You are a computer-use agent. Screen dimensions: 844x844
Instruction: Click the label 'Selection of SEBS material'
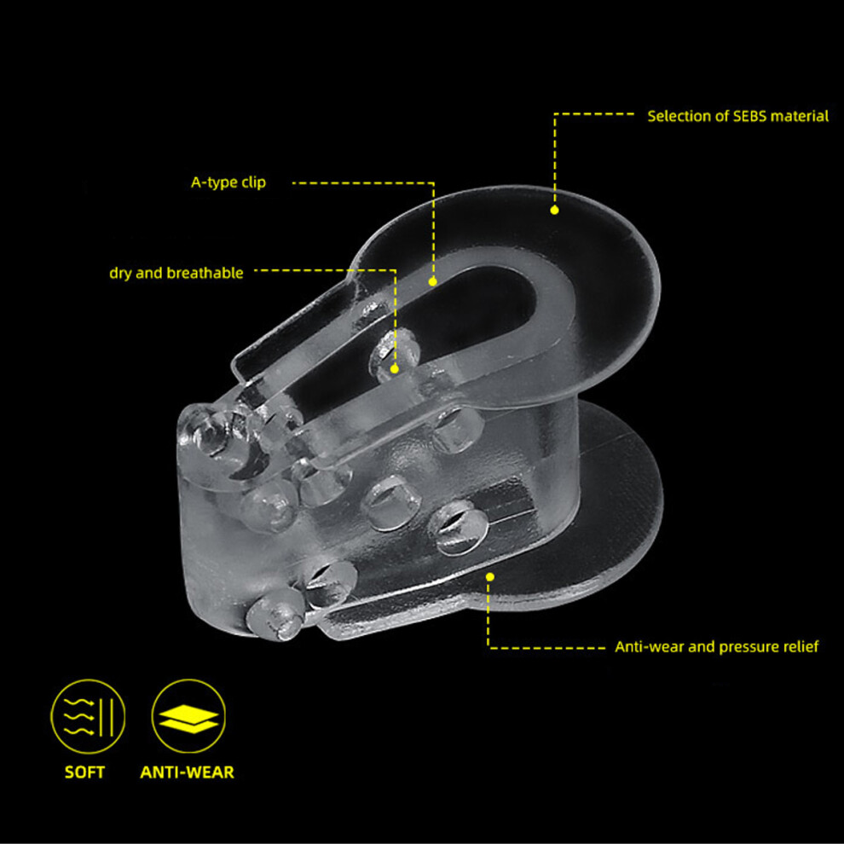coord(737,116)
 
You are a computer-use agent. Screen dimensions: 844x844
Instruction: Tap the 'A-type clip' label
coord(228,182)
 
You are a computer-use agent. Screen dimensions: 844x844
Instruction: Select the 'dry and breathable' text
coord(176,273)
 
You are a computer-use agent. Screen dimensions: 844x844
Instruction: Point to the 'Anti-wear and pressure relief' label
coord(716,646)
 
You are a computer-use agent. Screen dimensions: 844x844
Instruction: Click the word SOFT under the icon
coord(84,772)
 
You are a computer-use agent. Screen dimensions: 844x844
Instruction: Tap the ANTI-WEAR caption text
coord(187,772)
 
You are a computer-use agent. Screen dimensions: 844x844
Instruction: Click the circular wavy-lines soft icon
coord(88,716)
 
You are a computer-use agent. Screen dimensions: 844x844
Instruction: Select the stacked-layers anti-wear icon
coord(188,716)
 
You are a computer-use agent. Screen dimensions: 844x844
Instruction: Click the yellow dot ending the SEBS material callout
coord(554,210)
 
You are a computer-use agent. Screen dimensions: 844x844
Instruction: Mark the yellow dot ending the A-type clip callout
coord(433,281)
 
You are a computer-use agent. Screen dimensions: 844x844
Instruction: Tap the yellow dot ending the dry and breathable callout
coord(395,369)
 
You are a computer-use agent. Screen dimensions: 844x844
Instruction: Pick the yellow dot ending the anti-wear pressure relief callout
coord(490,577)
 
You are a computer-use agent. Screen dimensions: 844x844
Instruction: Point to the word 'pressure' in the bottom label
coord(748,647)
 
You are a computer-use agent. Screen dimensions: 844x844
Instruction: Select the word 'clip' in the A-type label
coord(253,182)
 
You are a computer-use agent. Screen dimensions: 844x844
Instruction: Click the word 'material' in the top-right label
coord(800,116)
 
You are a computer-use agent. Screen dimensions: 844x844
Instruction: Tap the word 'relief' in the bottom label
coord(800,646)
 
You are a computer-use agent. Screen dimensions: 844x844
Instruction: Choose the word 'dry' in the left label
coord(120,274)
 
